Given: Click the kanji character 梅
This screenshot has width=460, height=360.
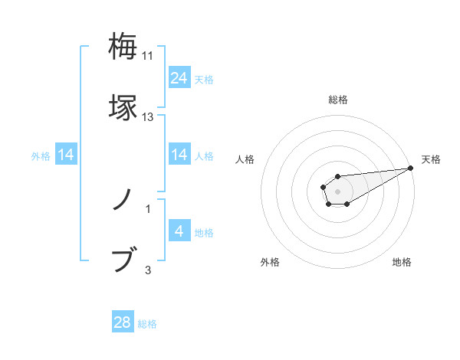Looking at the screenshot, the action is [123, 47].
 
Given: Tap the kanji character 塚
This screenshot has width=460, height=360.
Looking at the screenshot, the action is [123, 106].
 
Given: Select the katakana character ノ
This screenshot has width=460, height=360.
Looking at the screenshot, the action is [123, 201].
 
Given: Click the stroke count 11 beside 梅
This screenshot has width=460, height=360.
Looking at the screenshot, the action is [148, 56].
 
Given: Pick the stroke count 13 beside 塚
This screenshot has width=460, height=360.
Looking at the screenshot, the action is [148, 117].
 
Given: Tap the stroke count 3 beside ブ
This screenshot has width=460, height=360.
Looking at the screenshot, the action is [148, 270].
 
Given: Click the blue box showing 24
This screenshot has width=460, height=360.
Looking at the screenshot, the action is [179, 78].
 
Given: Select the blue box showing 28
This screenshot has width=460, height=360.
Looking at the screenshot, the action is [123, 322].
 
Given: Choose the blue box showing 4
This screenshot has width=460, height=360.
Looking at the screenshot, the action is [179, 231].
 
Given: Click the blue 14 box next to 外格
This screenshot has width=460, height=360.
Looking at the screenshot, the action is [66, 155].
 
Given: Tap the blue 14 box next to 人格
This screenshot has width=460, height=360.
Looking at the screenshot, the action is [179, 155].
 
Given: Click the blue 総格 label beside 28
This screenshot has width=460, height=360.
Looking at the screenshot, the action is [147, 324].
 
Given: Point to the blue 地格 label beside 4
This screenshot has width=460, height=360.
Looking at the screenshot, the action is [204, 232].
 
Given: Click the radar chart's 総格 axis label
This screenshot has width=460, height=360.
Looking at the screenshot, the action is [337, 100].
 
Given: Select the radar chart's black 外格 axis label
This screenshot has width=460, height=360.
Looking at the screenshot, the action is [270, 262].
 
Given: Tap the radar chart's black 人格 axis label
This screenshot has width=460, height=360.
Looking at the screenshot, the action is [245, 159].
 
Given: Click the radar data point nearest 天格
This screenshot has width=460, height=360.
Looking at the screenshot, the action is [411, 169].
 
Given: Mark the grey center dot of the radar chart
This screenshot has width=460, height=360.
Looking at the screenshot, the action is [337, 190].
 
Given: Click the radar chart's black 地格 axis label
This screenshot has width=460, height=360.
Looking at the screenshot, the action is [402, 262].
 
